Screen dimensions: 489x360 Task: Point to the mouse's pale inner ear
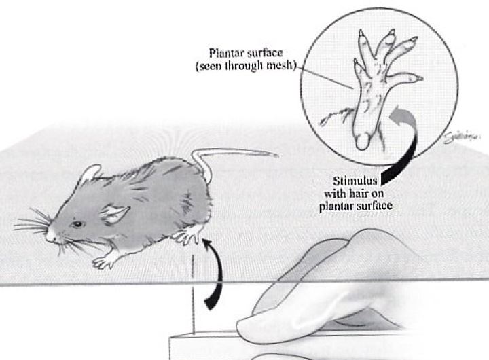pyautogui.click(x=113, y=215)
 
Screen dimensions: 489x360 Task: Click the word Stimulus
pyautogui.click(x=357, y=182)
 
